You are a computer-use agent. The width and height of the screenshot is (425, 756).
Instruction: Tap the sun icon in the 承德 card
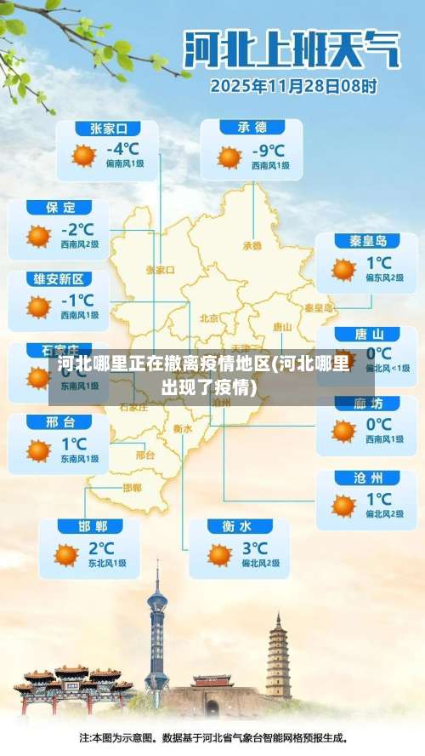click(229, 157)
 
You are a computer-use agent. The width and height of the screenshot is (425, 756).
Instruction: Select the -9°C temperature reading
click(268, 151)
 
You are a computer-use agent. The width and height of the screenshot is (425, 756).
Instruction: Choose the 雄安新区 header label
click(59, 279)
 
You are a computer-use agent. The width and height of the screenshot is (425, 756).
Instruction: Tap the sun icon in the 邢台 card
click(39, 450)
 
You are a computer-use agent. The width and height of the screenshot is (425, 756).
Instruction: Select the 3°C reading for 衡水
click(254, 548)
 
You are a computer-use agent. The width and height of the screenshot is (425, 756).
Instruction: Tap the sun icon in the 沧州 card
click(343, 506)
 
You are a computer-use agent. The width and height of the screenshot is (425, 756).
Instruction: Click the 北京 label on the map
click(209, 318)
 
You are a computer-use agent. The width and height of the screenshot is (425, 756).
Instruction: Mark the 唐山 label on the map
click(282, 327)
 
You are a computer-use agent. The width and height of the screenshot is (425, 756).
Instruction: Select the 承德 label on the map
click(252, 245)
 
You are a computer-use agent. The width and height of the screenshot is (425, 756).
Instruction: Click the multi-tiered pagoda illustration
click(278, 656)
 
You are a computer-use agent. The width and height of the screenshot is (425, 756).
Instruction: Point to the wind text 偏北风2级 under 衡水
click(260, 563)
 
